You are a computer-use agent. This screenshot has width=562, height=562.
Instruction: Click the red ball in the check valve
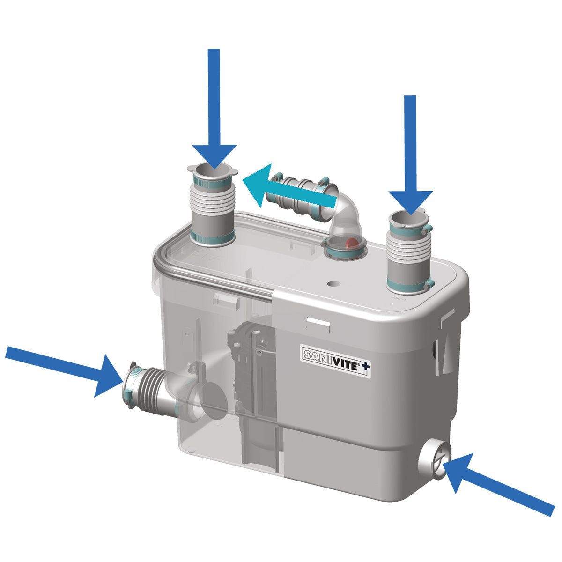click(353, 243)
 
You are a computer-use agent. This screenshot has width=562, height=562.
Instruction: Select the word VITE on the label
click(345, 364)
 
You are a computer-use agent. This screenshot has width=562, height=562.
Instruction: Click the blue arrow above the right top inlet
click(410, 155)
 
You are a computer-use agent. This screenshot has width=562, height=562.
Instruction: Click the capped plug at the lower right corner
click(435, 462)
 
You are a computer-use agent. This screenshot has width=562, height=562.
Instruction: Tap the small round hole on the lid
click(333, 283)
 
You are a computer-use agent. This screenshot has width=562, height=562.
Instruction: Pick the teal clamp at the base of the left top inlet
click(212, 238)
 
